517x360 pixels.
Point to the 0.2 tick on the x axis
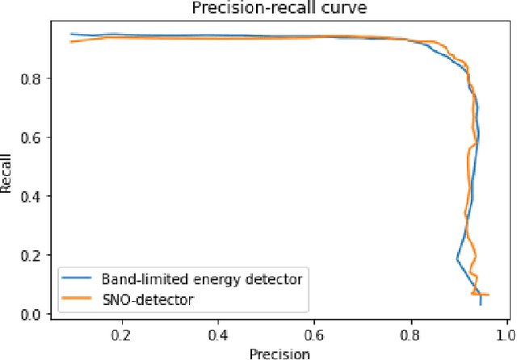coord(122,333)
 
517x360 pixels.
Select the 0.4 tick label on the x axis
coord(218,333)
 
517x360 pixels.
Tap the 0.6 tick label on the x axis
coord(314,333)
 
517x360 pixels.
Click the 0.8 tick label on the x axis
coord(410,333)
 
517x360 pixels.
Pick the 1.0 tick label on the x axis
coord(506,333)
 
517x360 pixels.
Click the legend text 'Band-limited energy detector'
coord(201,279)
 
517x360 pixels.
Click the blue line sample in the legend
coord(78,279)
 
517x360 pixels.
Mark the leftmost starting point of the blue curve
coord(71,34)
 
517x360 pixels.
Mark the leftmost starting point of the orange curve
coord(71,41)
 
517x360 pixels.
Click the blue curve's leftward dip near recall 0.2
coord(457,259)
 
